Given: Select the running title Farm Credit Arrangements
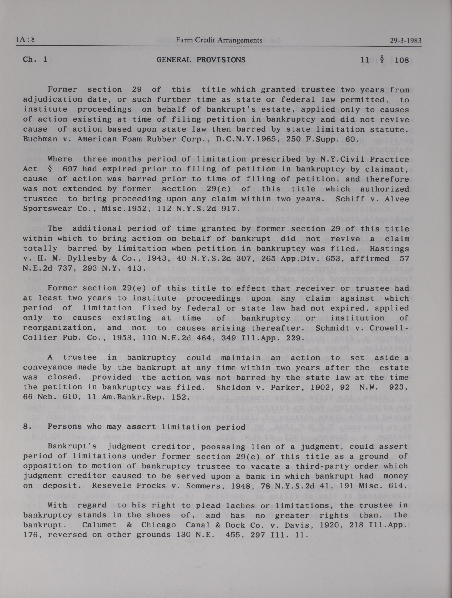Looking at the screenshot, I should tap(219, 40).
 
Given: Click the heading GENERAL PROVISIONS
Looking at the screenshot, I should tap(201, 60).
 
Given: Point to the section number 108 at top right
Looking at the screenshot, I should tap(402, 60).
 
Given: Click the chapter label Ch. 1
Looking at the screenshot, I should tap(35, 59).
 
